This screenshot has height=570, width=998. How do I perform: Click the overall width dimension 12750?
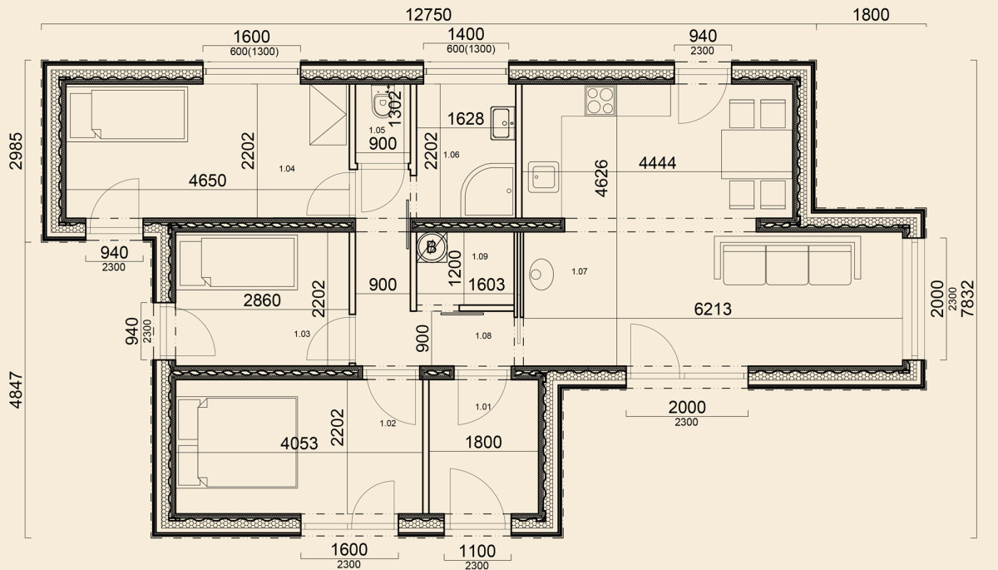[x=428, y=15]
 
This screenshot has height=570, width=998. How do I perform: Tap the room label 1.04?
[x=287, y=168]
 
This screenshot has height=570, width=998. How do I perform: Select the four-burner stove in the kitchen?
[x=600, y=101]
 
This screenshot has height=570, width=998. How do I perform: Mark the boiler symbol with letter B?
[x=432, y=247]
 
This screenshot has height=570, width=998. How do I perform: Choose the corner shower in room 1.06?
[x=488, y=191]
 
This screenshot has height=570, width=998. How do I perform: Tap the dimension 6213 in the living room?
[x=713, y=309]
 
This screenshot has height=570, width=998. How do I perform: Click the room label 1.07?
[x=579, y=271]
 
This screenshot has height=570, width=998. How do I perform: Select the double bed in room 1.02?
[x=238, y=443]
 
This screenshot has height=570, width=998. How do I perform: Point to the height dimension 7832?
[x=968, y=299]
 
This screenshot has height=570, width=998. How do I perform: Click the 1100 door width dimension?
[x=477, y=552]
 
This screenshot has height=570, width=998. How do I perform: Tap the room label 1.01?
[x=483, y=406]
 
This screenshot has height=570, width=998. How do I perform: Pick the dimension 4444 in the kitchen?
[x=657, y=162]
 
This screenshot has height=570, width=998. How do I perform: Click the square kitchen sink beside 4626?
[x=544, y=177]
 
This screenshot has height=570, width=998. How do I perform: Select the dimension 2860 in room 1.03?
[x=262, y=300]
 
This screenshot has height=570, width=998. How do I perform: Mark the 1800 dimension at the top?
[x=871, y=15]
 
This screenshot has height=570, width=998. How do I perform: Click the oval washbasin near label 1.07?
[x=541, y=274]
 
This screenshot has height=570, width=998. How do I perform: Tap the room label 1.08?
[x=483, y=335]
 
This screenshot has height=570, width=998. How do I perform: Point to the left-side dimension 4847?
[x=16, y=390]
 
